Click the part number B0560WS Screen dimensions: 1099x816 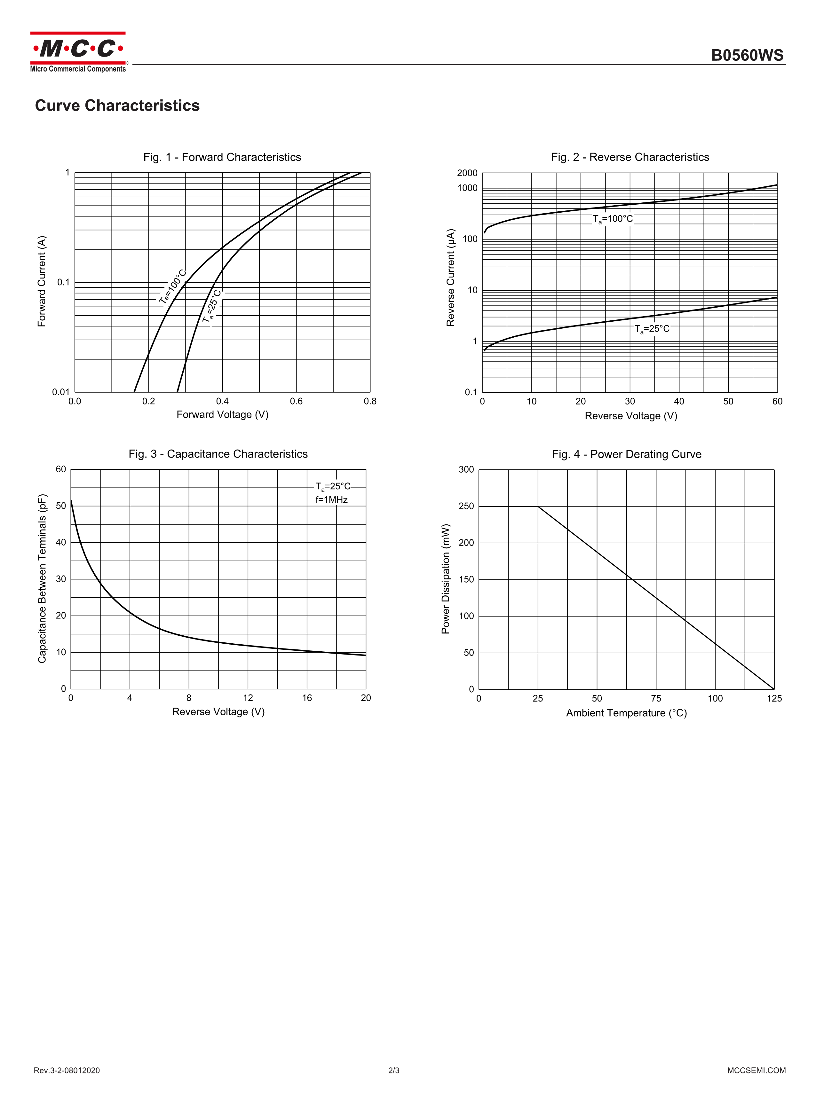tap(747, 55)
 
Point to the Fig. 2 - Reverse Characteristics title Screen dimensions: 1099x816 tap(630, 157)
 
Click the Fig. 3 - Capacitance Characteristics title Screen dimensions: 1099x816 tap(218, 454)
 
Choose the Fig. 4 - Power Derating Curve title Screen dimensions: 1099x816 tap(626, 454)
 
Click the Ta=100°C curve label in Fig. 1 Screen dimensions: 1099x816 tap(172, 287)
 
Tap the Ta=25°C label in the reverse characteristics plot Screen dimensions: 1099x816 tap(652, 329)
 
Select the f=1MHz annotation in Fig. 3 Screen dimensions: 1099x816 tap(331, 500)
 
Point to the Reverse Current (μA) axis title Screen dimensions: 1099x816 tap(450, 278)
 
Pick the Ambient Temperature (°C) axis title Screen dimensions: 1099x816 tap(626, 713)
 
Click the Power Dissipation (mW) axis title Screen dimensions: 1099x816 tap(446, 579)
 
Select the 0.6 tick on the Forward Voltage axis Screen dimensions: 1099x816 tap(297, 401)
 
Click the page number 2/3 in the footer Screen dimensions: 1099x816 tap(394, 1070)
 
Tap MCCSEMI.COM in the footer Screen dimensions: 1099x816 tap(756, 1070)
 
